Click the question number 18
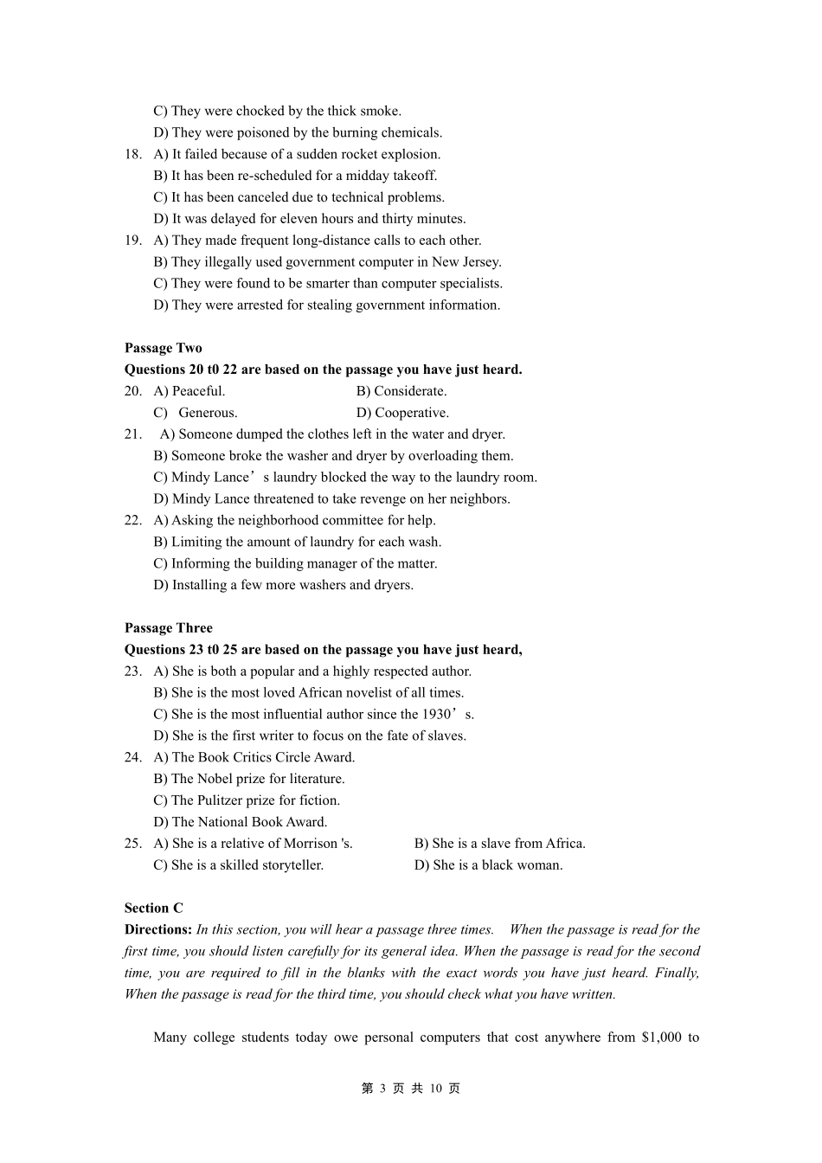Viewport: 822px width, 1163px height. (x=132, y=154)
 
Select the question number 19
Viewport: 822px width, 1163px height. (x=132, y=241)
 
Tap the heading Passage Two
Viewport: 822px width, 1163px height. (x=164, y=348)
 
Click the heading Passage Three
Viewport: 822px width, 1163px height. (x=168, y=628)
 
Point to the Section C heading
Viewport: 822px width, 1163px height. (x=154, y=908)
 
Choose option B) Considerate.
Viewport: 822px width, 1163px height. (x=401, y=391)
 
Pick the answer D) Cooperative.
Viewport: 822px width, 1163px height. (x=402, y=413)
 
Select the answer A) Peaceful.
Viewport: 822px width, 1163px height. (x=189, y=391)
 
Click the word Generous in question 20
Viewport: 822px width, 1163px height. (x=208, y=413)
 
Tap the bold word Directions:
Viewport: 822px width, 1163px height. (x=158, y=929)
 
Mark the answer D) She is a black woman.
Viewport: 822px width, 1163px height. (x=488, y=865)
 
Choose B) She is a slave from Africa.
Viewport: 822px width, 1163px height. (x=499, y=844)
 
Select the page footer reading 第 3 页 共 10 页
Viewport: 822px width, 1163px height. (x=411, y=1089)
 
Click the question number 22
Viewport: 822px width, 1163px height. (x=132, y=520)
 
